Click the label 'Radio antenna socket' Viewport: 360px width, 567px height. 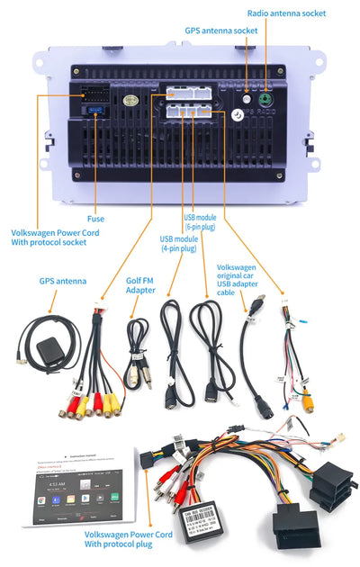(287, 13)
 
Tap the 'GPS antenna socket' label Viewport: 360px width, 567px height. (222, 30)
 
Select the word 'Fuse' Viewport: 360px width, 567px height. (95, 218)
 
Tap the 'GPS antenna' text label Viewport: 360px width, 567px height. (63, 281)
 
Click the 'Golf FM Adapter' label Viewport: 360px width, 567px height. (139, 285)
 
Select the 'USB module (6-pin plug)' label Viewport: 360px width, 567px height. (201, 222)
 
